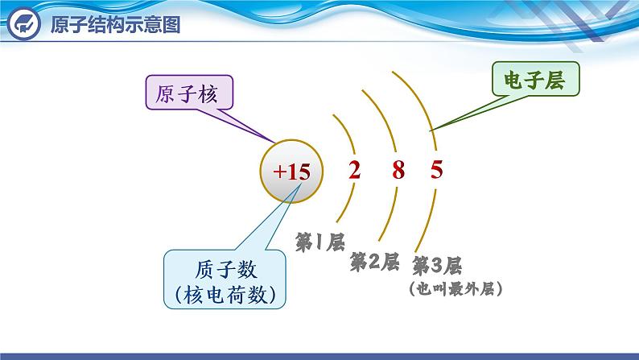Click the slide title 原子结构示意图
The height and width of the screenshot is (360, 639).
(115, 24)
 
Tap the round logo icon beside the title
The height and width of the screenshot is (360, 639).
(24, 23)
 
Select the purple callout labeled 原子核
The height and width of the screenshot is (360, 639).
(189, 93)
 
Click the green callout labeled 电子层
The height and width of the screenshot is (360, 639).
(535, 79)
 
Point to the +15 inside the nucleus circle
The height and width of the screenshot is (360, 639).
(292, 172)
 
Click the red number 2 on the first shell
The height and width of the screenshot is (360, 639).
(355, 170)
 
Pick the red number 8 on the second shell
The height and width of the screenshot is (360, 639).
(398, 170)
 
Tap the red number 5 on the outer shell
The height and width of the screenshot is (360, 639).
(436, 169)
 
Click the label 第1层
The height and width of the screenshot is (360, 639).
(320, 242)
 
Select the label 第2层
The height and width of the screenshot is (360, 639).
(374, 262)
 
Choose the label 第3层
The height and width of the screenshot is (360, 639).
(436, 266)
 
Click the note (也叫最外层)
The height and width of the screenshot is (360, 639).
(456, 288)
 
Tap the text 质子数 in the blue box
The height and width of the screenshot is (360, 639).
(226, 270)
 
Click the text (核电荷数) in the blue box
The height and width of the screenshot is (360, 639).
(225, 294)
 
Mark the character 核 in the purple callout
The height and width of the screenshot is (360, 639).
(208, 93)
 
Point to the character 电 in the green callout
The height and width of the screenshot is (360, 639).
(513, 80)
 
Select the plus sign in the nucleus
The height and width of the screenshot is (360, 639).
(278, 172)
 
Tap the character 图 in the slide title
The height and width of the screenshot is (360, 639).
(171, 24)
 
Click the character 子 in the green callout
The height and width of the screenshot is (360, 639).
(534, 80)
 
